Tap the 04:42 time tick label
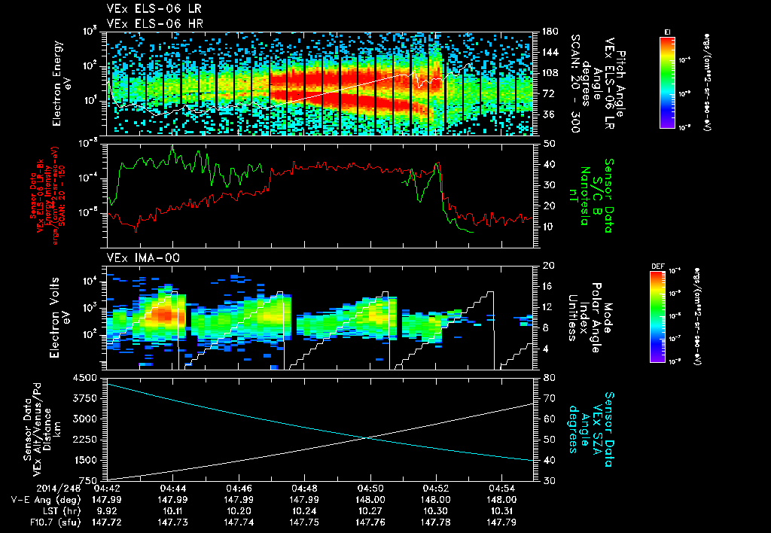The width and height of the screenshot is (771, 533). coord(107,488)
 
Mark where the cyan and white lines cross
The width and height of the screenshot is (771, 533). coord(367,438)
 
